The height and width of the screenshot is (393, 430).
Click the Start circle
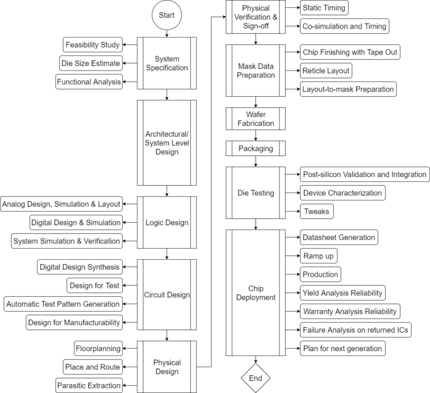point(167,15)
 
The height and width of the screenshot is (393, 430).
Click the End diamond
point(255,378)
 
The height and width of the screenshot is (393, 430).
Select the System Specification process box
point(167,63)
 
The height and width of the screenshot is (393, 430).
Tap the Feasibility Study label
point(92,45)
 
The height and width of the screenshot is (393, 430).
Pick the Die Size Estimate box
point(91,63)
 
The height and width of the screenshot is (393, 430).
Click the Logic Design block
point(167,222)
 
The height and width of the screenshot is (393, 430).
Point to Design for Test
point(94,286)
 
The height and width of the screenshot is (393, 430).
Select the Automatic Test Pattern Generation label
point(63,304)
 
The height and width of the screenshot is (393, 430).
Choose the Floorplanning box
point(98,348)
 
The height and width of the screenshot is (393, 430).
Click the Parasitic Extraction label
point(88,385)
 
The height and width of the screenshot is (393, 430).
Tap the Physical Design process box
point(167,367)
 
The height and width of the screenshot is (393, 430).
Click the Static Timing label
point(324,8)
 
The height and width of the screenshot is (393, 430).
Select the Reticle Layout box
point(326,71)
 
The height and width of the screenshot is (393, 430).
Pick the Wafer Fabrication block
point(255,119)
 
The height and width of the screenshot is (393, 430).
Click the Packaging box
point(255,148)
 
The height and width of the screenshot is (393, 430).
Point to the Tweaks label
point(316,211)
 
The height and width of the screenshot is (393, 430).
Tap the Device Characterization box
point(342,193)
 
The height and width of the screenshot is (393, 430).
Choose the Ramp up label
point(320,256)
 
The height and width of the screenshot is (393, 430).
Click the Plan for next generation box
point(342,348)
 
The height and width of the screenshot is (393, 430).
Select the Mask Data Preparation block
point(255,71)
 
